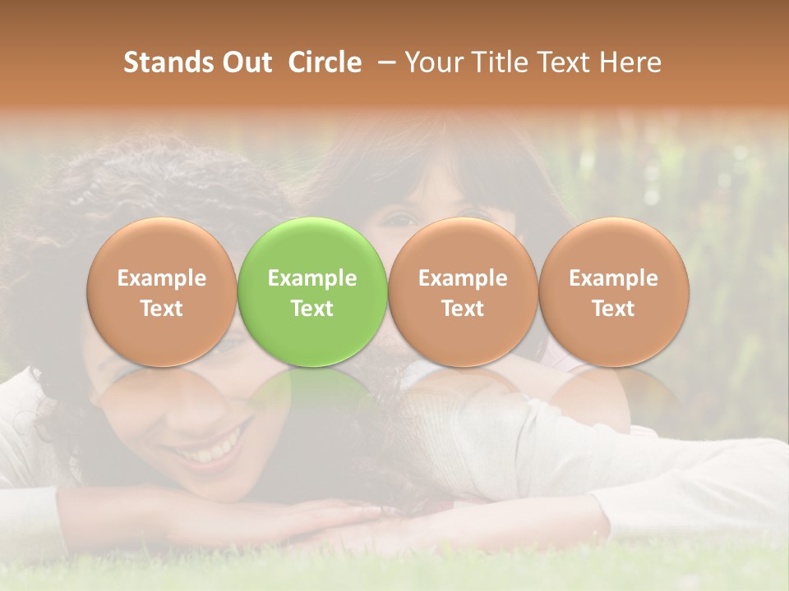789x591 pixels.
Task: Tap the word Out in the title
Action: (x=244, y=62)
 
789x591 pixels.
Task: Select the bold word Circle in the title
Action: (x=325, y=62)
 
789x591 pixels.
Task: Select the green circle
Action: (x=312, y=292)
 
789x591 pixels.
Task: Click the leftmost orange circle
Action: (x=161, y=292)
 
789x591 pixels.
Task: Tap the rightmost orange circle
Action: (x=613, y=292)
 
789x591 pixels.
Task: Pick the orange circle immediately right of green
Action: (x=463, y=292)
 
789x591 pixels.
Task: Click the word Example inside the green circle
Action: (x=312, y=278)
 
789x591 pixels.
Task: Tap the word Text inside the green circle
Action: (x=312, y=309)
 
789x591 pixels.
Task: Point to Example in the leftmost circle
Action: (x=161, y=278)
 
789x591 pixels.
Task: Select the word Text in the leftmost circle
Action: (x=161, y=309)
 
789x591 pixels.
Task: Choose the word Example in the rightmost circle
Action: (x=613, y=278)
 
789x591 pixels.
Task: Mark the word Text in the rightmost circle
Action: (x=613, y=309)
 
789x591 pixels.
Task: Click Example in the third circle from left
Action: (x=463, y=278)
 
